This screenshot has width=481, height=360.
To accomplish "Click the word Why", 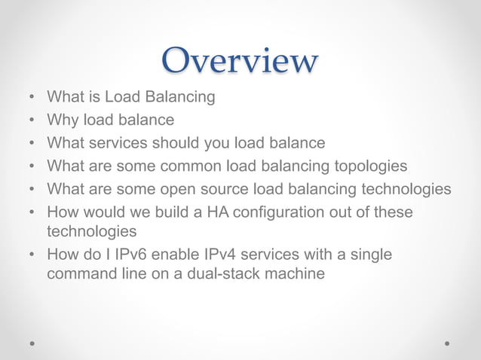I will (62, 120).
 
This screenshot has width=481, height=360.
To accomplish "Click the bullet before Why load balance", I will (31, 121).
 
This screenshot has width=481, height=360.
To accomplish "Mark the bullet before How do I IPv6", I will (31, 255).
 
